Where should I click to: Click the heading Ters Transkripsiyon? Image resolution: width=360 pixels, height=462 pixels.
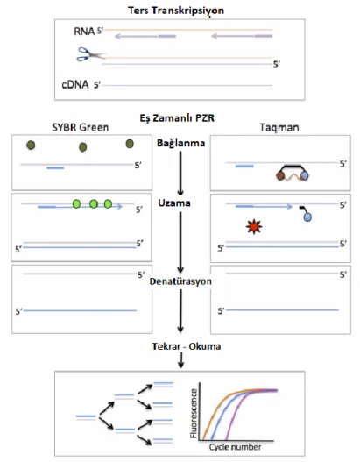tap(176, 11)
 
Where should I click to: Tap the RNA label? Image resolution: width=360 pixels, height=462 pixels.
tap(84, 32)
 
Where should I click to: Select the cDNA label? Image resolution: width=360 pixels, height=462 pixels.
tap(75, 84)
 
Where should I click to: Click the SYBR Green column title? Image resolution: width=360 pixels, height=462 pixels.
tap(81, 127)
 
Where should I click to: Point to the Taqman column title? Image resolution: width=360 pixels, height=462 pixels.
tap(279, 128)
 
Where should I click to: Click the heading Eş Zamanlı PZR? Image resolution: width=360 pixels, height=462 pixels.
tap(177, 118)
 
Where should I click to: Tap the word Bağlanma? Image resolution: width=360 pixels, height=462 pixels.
tap(180, 143)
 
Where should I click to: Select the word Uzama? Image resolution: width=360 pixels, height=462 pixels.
tap(174, 203)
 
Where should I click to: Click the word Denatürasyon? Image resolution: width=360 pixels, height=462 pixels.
tap(180, 281)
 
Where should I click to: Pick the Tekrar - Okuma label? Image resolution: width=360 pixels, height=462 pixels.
tap(187, 346)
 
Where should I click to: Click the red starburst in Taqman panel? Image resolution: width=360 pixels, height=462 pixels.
tap(254, 226)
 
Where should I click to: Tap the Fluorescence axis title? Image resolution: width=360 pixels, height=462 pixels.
tap(194, 413)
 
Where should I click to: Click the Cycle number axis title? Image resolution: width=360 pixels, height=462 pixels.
tap(235, 447)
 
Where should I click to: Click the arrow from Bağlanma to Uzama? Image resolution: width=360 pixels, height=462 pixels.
tap(180, 173)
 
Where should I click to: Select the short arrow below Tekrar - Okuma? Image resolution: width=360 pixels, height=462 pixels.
tap(180, 360)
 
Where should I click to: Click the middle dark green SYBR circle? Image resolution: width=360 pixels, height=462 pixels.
tap(83, 147)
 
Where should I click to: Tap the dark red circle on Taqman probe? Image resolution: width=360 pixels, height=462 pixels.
tap(280, 176)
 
